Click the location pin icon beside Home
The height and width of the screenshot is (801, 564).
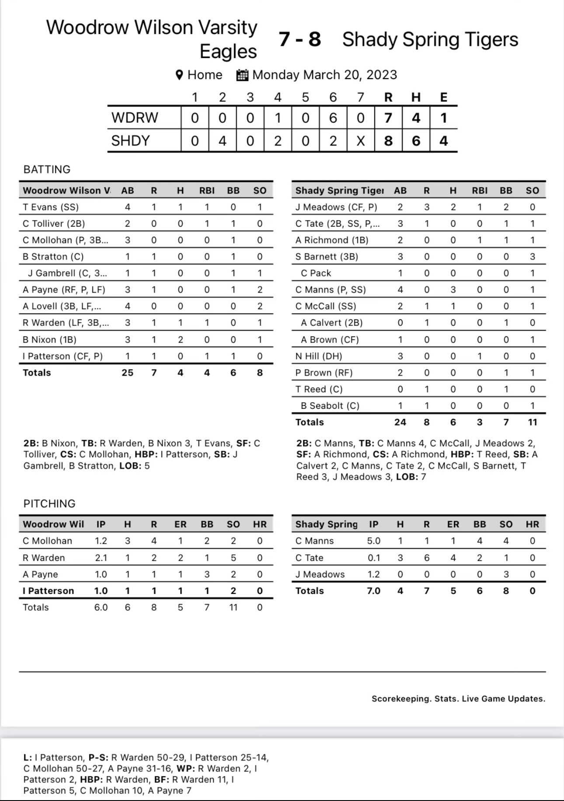179,75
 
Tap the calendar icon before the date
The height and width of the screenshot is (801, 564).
242,75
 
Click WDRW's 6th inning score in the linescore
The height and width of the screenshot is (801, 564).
333,118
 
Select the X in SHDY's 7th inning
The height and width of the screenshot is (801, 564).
360,141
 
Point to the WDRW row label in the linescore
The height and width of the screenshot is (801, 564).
134,118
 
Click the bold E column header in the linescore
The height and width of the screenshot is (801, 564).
443,97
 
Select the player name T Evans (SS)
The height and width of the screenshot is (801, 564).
51,207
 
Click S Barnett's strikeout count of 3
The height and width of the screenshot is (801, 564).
532,257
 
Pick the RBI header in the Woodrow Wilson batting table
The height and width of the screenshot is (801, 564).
207,190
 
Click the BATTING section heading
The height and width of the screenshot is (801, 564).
47,169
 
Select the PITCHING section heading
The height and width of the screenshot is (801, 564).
49,504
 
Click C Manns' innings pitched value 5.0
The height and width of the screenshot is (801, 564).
373,541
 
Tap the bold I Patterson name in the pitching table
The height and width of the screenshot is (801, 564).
48,591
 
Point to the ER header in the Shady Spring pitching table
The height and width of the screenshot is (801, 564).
453,525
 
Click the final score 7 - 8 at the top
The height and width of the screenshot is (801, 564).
299,39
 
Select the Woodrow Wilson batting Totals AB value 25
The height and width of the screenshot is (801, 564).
127,373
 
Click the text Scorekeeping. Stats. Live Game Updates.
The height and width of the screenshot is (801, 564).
458,699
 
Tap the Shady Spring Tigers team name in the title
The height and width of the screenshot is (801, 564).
430,39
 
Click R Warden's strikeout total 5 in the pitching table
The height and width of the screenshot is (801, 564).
233,558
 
